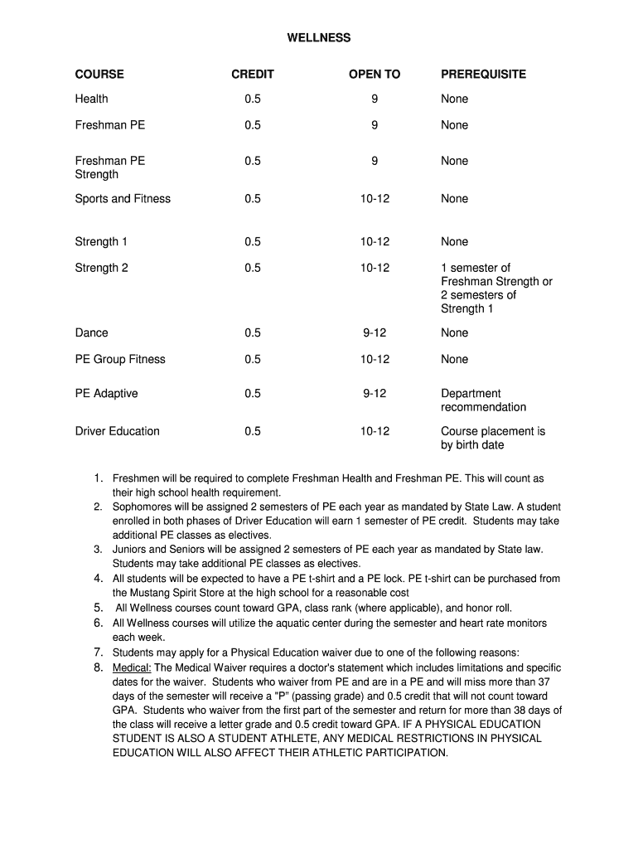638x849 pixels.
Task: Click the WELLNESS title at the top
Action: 319,38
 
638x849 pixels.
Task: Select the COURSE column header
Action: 99,75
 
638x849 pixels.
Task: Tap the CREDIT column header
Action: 253,75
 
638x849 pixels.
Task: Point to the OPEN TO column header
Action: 375,75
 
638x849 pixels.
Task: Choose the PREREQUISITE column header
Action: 483,75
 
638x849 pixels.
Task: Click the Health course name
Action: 91,99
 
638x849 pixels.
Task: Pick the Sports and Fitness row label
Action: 123,198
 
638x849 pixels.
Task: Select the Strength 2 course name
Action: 102,268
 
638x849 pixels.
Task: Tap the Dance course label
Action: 91,332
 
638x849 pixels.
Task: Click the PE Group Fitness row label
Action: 120,359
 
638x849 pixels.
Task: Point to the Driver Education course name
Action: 117,431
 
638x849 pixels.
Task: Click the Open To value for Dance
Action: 375,332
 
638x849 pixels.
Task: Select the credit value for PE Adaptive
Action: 253,394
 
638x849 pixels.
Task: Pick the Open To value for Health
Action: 375,99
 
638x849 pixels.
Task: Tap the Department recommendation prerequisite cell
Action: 483,400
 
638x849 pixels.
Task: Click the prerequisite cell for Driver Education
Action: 492,438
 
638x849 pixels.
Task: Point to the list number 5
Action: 98,608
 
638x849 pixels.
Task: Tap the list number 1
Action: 98,478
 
